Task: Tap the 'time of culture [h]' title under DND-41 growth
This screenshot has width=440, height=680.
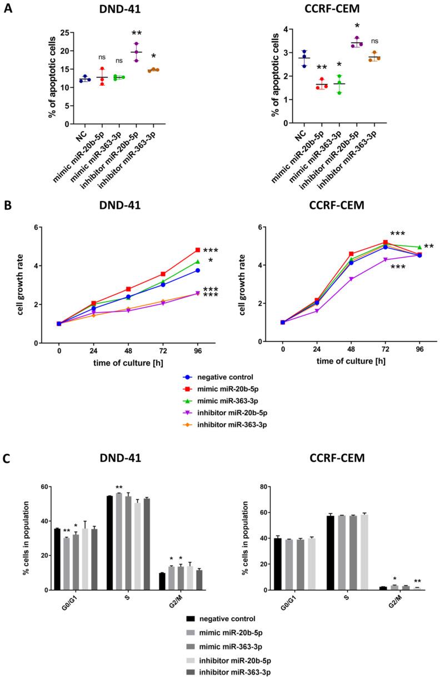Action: coord(128,363)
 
